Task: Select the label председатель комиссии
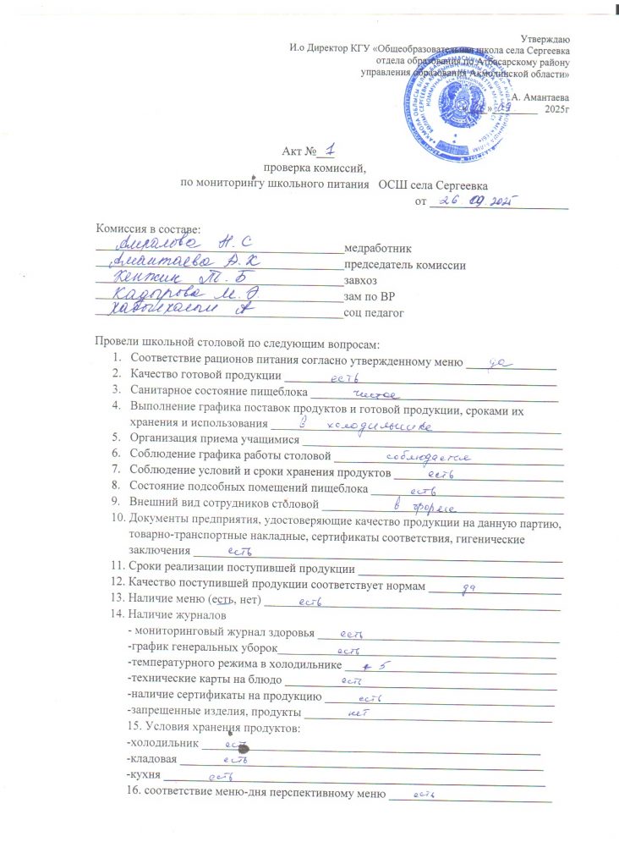tap(404, 265)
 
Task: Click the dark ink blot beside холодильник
tap(242, 749)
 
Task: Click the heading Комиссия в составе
tap(148, 229)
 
